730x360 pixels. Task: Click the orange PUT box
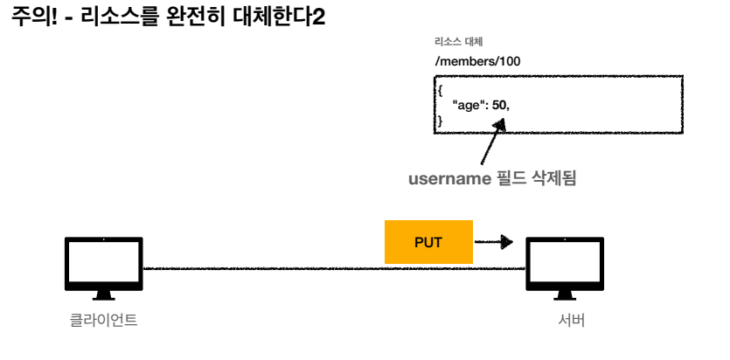[428, 241]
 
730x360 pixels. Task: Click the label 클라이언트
[103, 321]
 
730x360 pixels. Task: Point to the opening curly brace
[441, 89]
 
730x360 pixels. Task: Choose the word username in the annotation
[448, 180]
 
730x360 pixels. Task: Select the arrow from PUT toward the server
[494, 241]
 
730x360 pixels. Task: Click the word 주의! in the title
[34, 17]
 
